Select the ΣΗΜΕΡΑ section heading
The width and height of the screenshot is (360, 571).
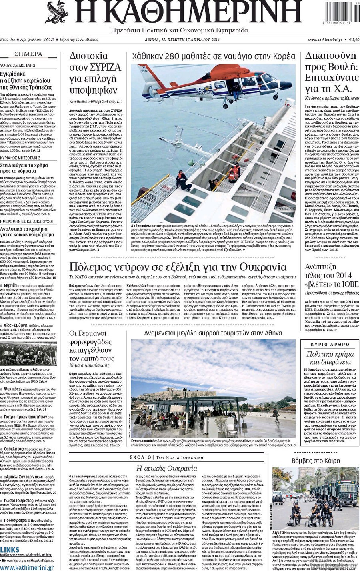[28, 54]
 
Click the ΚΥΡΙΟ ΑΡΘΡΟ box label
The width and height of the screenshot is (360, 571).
[330, 344]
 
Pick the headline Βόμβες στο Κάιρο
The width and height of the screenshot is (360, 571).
[316, 461]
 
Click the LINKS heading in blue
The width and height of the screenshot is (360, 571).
[10, 549]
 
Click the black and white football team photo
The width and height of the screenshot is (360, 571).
[28, 353]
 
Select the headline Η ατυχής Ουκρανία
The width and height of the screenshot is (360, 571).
[167, 468]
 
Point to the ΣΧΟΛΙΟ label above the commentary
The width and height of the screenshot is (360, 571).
[140, 457]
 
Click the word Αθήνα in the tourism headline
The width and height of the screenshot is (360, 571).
[272, 333]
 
